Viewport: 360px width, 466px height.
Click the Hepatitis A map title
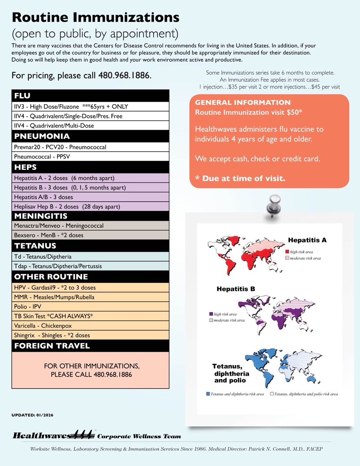(x=307, y=240)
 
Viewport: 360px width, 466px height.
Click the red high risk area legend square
(x=287, y=252)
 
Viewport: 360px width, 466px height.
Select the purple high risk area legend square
(x=211, y=314)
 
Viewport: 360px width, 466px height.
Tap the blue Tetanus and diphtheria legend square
(x=208, y=394)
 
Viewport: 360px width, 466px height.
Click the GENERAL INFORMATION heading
(x=243, y=102)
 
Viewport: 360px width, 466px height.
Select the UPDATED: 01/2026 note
(x=32, y=415)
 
